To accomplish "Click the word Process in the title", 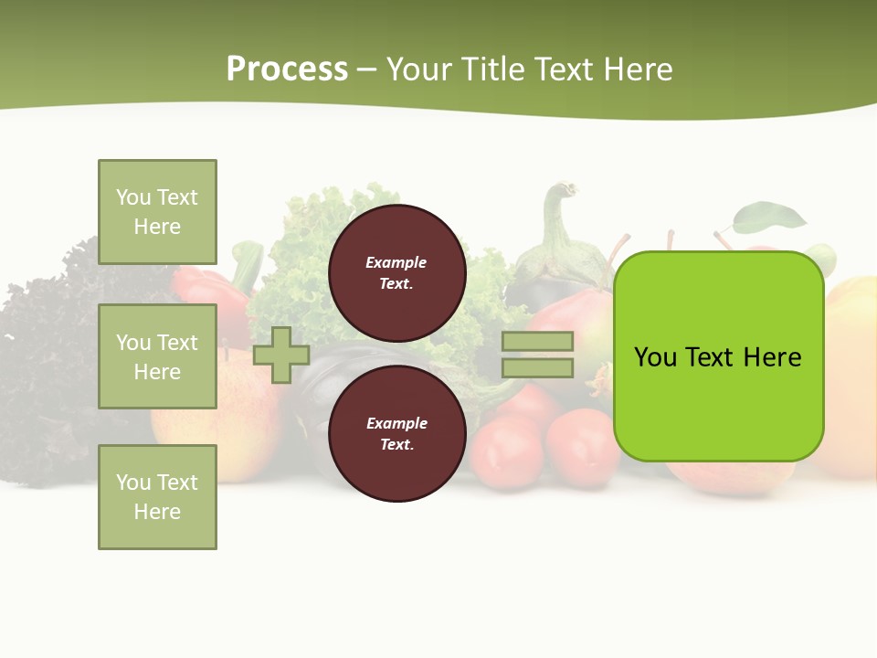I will pyautogui.click(x=287, y=69).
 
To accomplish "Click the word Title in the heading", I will pyautogui.click(x=493, y=69).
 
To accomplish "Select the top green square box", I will pyautogui.click(x=157, y=212).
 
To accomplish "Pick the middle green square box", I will pyautogui.click(x=157, y=356).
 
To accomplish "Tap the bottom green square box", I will pyautogui.click(x=157, y=497).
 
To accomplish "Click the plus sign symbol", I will pyautogui.click(x=281, y=355).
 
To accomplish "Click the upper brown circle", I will pyautogui.click(x=396, y=272).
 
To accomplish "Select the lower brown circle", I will pyautogui.click(x=396, y=433).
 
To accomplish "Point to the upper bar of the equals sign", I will pyautogui.click(x=537, y=341).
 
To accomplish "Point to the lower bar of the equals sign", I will pyautogui.click(x=537, y=367).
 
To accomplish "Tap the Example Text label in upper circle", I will pyautogui.click(x=396, y=272).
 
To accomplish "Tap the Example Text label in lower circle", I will pyautogui.click(x=396, y=433).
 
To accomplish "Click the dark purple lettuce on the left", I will pyautogui.click(x=46, y=356).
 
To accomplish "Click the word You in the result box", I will pyautogui.click(x=655, y=357).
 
